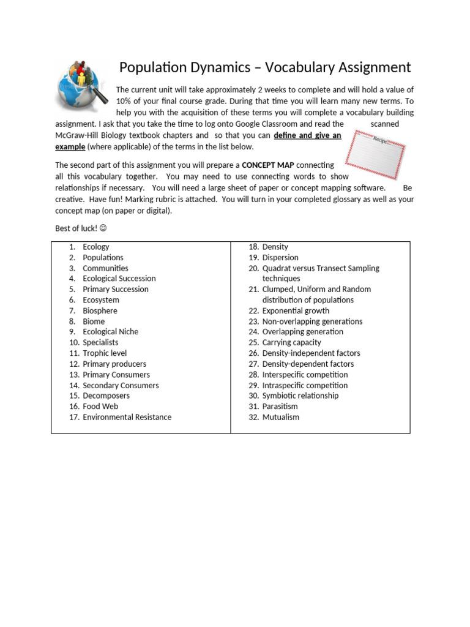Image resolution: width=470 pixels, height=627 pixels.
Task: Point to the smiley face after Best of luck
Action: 103,228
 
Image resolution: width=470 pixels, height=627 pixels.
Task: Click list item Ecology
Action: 96,247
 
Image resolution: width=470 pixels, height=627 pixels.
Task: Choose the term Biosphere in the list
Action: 100,310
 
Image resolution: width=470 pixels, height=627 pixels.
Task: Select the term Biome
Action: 94,321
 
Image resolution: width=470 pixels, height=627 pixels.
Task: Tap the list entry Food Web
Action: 100,406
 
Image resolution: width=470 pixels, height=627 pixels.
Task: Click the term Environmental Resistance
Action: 127,417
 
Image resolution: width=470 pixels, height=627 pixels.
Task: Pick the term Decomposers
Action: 106,396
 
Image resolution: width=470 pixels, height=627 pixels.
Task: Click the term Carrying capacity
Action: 291,342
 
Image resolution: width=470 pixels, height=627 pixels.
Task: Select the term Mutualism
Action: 281,417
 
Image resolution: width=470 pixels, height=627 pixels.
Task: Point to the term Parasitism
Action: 280,406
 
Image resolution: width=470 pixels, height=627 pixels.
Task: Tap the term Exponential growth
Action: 296,310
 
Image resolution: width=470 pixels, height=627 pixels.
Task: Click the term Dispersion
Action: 280,258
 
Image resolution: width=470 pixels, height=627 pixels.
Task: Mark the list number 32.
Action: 253,417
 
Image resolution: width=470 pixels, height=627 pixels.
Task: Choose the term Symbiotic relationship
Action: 300,396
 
